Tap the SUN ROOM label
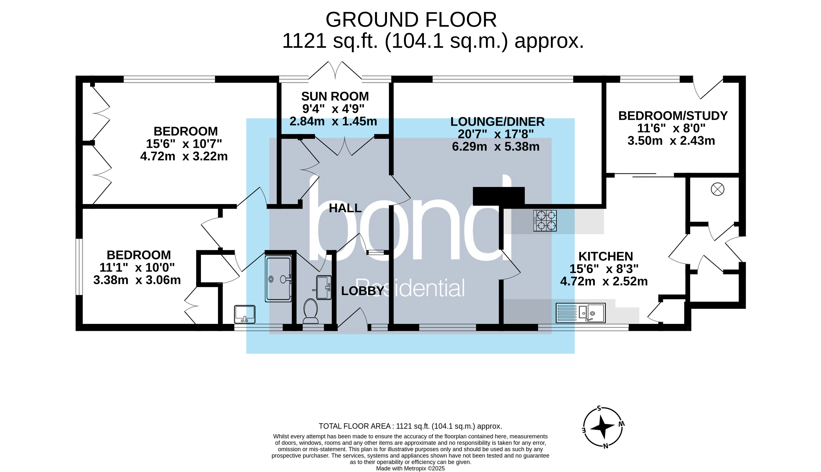(335, 97)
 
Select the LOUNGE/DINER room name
(497, 122)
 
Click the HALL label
(345, 208)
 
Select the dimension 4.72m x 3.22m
(184, 156)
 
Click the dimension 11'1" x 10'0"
(137, 268)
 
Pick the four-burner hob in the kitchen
(545, 221)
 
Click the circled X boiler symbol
(717, 189)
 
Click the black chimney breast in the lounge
(498, 196)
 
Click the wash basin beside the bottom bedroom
(245, 314)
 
